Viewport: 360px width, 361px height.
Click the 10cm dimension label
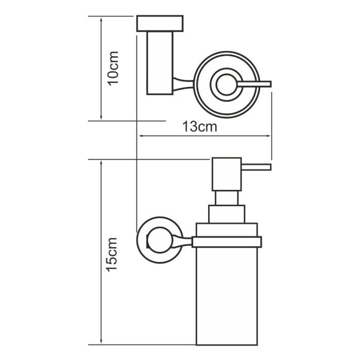[x=113, y=69]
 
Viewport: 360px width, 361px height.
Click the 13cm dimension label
[x=199, y=126]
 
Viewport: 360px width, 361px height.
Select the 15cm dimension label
[x=112, y=254]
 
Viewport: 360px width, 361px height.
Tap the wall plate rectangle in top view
[x=160, y=23]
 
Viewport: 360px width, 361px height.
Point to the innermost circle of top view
[x=227, y=84]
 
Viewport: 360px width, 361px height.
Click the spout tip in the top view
[x=271, y=84]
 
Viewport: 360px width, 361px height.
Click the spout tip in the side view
[x=271, y=167]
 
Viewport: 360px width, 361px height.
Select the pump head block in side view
[x=227, y=174]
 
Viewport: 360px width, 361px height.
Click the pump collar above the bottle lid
[x=227, y=214]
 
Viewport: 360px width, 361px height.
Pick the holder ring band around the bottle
[x=227, y=242]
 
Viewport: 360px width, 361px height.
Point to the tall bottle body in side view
[x=227, y=297]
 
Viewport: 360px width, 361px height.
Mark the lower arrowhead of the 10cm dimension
[x=101, y=118]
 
